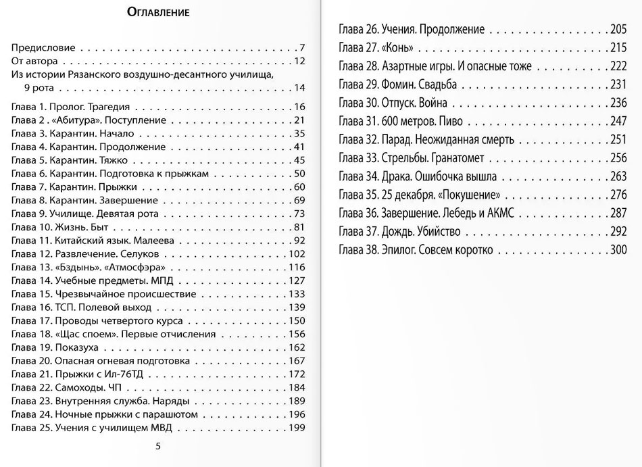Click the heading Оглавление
(157, 12)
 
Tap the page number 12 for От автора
(300, 61)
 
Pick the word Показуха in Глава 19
(78, 347)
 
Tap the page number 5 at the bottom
(158, 445)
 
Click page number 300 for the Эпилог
(618, 250)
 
